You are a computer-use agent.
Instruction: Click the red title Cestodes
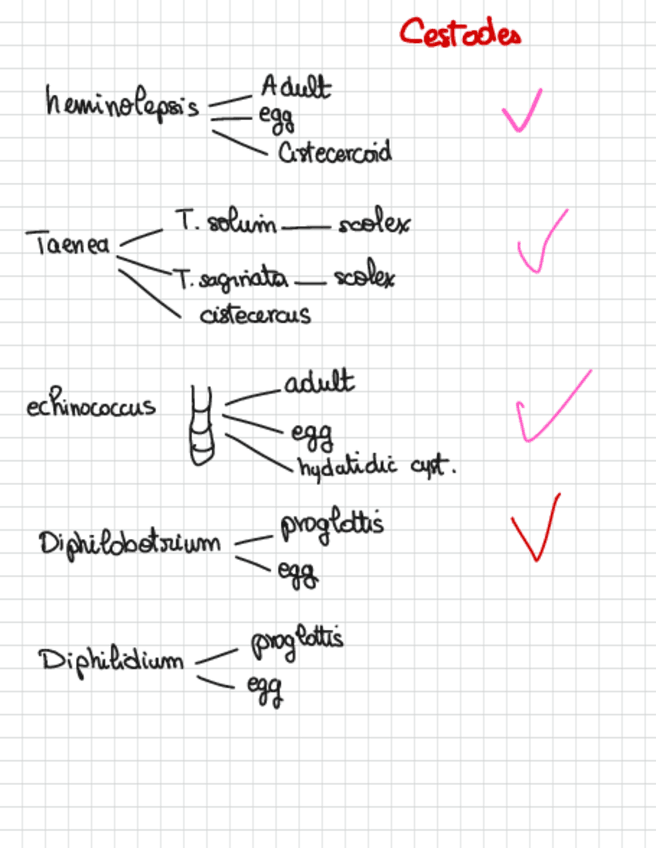click(x=460, y=33)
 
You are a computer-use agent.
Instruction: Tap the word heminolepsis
click(x=122, y=105)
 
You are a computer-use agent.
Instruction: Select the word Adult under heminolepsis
click(x=295, y=87)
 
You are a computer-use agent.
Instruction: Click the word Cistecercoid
click(x=334, y=153)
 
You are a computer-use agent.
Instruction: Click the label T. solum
click(x=225, y=224)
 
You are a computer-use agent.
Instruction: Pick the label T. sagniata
click(x=230, y=278)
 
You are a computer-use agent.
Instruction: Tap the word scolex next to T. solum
click(x=373, y=225)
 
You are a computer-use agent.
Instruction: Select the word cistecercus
click(x=255, y=314)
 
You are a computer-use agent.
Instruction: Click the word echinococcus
click(x=91, y=407)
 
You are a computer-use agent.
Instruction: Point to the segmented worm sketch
click(x=202, y=426)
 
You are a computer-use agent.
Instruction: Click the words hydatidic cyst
click(x=375, y=466)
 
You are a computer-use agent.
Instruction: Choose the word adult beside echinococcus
click(x=318, y=383)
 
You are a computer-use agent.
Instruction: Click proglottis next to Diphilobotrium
click(x=331, y=524)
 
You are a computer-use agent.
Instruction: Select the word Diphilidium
click(x=112, y=660)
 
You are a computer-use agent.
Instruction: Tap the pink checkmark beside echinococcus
click(x=549, y=407)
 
